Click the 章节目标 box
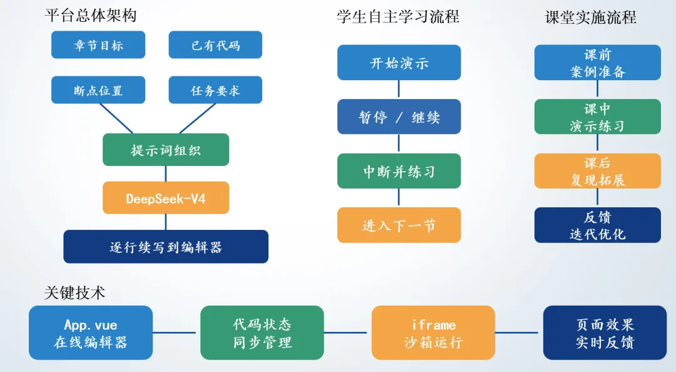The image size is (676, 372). tap(98, 44)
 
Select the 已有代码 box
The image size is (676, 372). tap(215, 44)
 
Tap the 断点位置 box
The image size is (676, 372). tap(98, 90)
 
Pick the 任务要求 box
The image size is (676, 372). tap(215, 90)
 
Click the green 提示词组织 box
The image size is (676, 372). tap(165, 150)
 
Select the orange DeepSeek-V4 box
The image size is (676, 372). tap(165, 198)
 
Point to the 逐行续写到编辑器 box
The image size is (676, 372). tap(165, 246)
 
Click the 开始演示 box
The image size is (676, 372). tap(399, 62)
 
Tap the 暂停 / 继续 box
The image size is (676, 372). tap(399, 116)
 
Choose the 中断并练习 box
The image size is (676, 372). tap(399, 171)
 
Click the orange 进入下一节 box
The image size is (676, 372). tap(399, 225)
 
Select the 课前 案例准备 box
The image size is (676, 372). tap(598, 62)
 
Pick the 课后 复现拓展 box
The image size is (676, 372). tap(598, 171)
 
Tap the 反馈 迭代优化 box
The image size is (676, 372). tap(598, 225)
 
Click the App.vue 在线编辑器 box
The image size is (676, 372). tap(91, 333)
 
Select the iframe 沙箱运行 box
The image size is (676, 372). tap(433, 333)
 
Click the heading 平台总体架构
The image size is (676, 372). tap(91, 16)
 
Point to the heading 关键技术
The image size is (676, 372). tap(74, 292)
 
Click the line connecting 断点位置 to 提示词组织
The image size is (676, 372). tap(116, 119)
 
